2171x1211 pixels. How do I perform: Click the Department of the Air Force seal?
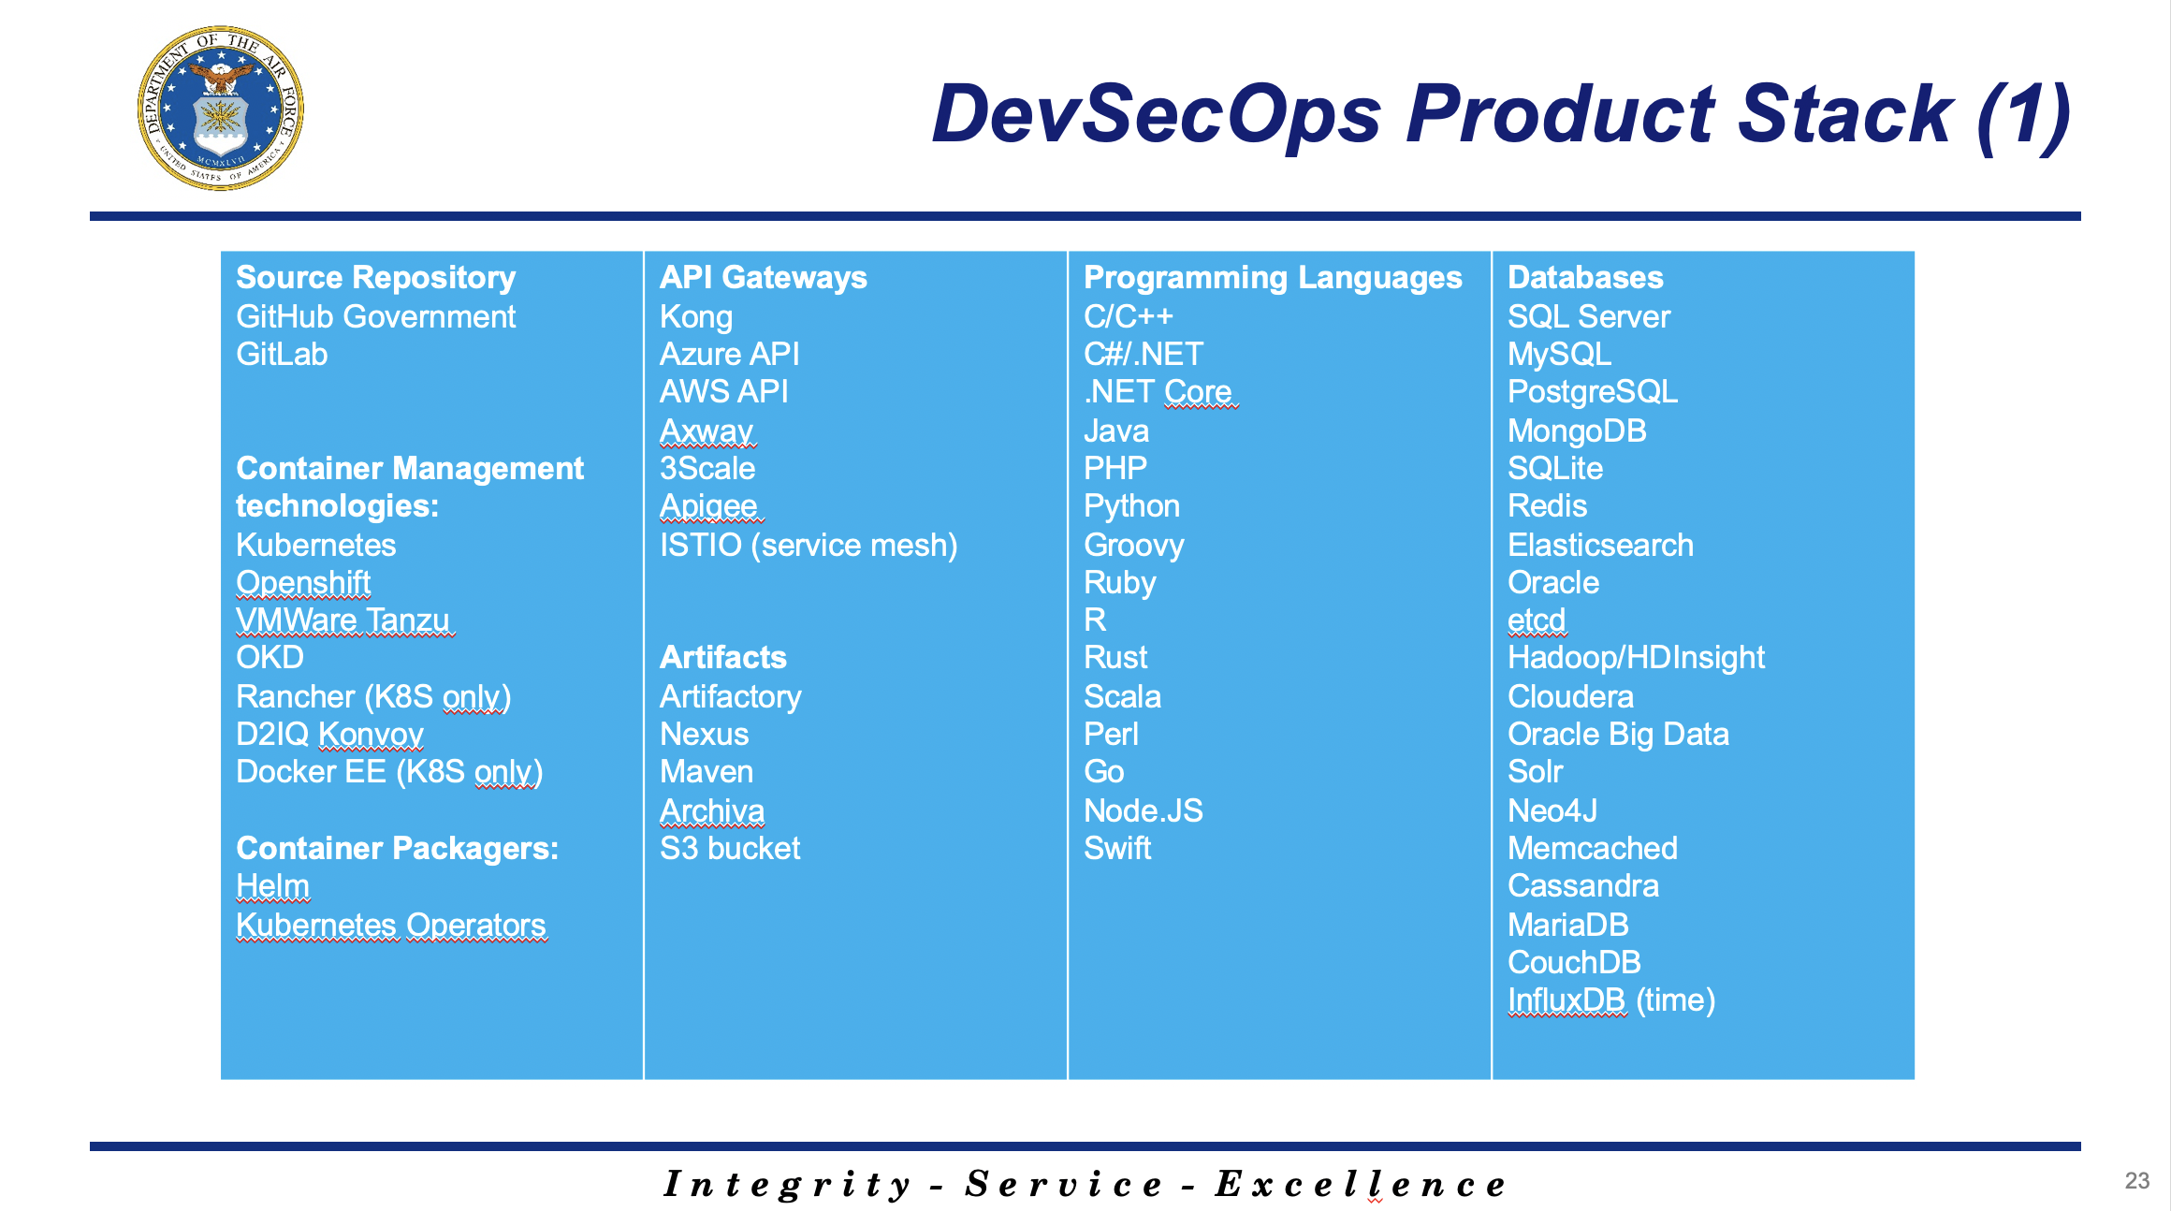pos(221,109)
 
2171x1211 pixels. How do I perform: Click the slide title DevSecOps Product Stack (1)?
pos(1501,114)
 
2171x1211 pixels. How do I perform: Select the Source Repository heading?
pos(375,278)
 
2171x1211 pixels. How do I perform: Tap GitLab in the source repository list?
pos(282,355)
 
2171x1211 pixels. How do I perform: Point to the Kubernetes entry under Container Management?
pos(315,545)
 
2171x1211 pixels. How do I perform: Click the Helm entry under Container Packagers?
pos(272,886)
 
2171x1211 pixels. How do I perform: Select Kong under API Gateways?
pos(696,317)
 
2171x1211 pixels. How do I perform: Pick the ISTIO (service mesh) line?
pos(809,545)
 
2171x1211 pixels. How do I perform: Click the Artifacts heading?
pos(723,658)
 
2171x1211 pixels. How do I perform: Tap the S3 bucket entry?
pos(730,849)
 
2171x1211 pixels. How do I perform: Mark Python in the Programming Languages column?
pos(1131,506)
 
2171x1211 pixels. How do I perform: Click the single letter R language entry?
pos(1095,620)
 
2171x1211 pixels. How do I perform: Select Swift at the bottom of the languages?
pos(1117,849)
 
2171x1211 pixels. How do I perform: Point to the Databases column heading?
pos(1585,278)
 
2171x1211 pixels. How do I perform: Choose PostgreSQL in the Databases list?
pos(1593,392)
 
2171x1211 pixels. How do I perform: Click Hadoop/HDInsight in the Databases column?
pos(1636,658)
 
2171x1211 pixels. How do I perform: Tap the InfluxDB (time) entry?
pos(1611,1000)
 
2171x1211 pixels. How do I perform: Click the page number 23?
pos(2137,1181)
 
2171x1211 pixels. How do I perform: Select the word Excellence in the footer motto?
pos(1362,1185)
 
